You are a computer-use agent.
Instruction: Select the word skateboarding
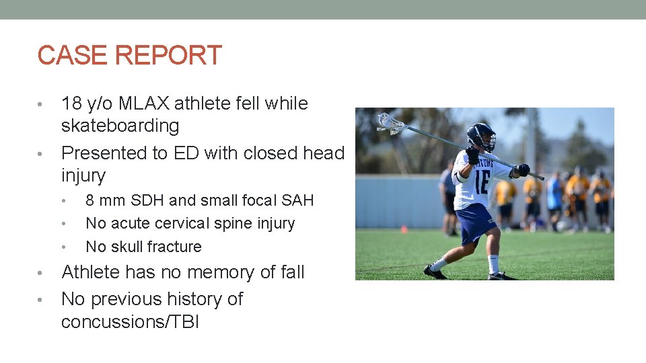click(120, 126)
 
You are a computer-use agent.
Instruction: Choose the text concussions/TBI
click(130, 321)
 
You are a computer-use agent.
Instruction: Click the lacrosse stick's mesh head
click(390, 123)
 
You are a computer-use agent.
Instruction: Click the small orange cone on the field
click(404, 229)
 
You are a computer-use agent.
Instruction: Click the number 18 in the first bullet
click(71, 104)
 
